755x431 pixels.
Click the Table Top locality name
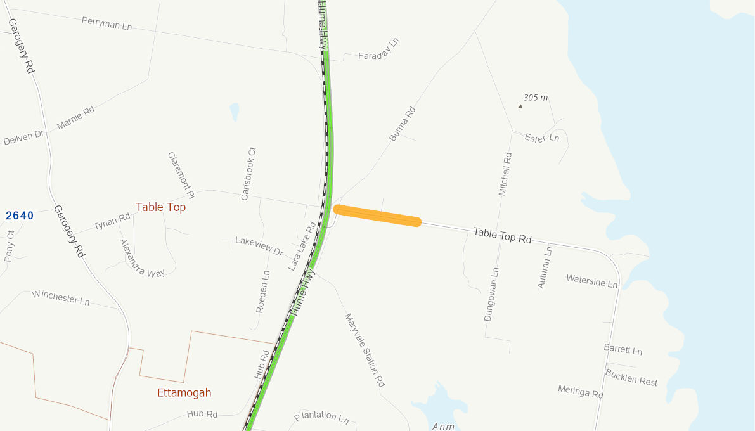coord(160,207)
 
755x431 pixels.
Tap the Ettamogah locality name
coord(184,393)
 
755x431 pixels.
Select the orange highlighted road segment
coord(377,215)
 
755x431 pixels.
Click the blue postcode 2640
coord(20,216)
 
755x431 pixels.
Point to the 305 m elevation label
coord(535,98)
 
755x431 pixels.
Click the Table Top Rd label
coord(502,236)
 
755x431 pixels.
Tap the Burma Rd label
coord(402,124)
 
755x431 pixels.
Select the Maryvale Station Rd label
coord(365,350)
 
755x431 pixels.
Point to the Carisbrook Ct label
coord(248,174)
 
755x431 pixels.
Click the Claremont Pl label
coord(181,172)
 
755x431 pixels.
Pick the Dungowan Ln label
coord(491,294)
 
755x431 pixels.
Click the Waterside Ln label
coord(591,281)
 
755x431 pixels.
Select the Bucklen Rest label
coord(631,377)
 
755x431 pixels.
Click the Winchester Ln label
coord(61,297)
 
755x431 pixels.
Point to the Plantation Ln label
coord(321,416)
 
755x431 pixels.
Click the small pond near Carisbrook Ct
coord(235,112)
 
